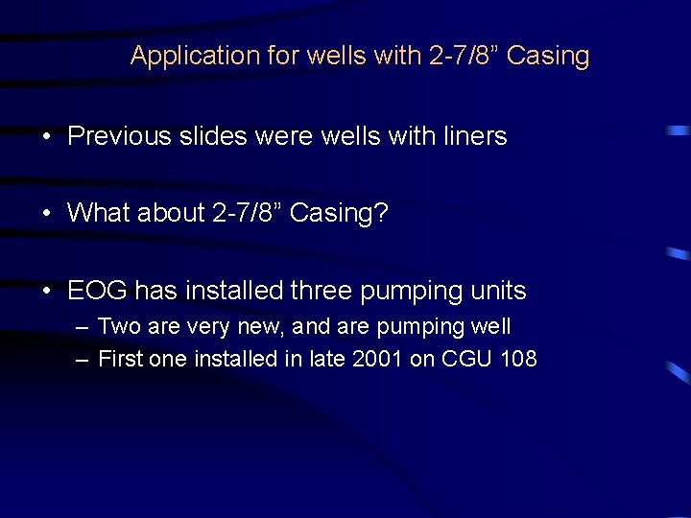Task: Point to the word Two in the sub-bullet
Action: (119, 326)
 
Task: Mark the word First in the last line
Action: (121, 360)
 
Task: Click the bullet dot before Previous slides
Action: (47, 137)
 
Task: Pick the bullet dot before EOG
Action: (47, 291)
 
